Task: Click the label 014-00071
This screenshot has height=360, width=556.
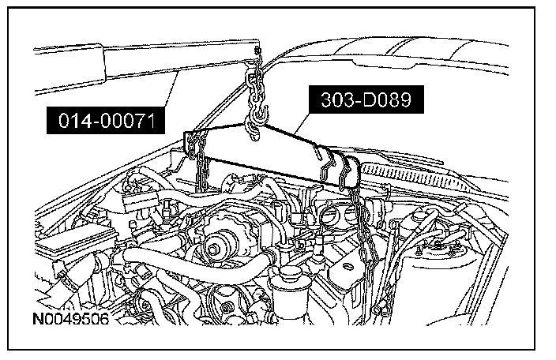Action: (106, 121)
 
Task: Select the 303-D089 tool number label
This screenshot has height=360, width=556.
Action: (366, 99)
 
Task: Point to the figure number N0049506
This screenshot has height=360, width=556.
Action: (71, 319)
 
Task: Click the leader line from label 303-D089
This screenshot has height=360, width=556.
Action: (302, 127)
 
